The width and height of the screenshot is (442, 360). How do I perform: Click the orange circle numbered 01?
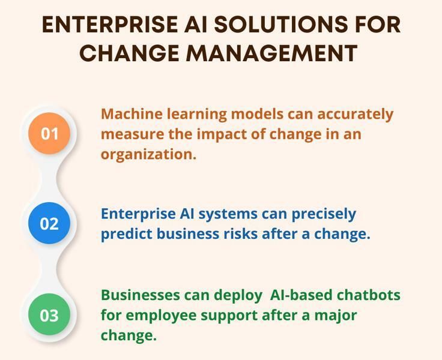click(49, 133)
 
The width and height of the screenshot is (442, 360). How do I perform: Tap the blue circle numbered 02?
click(49, 224)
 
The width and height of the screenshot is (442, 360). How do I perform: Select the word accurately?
click(355, 114)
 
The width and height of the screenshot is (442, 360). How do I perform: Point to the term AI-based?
click(297, 295)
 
